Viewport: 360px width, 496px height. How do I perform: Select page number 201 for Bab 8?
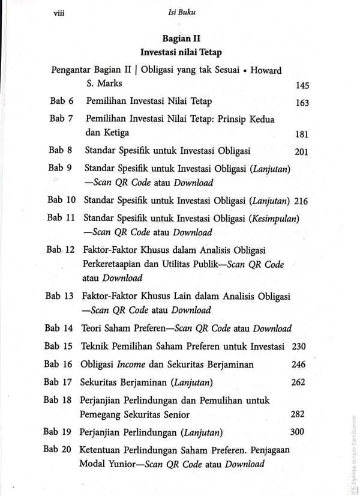coord(302,152)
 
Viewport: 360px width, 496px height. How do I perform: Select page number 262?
coord(297,382)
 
